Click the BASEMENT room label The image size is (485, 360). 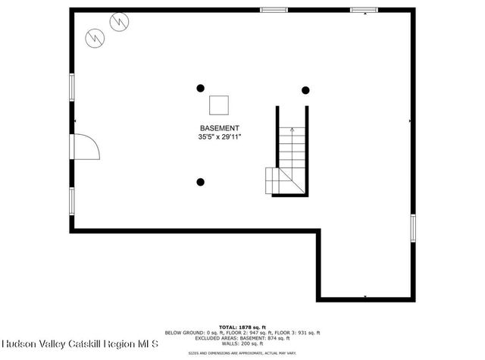pyautogui.click(x=219, y=128)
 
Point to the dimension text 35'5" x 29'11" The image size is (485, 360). pyautogui.click(x=219, y=137)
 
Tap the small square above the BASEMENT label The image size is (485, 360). pyautogui.click(x=219, y=105)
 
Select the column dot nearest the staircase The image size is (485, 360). pyautogui.click(x=305, y=90)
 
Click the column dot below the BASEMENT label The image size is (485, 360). pyautogui.click(x=201, y=182)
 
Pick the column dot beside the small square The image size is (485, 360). pyautogui.click(x=201, y=88)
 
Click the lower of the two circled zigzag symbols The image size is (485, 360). pyautogui.click(x=95, y=36)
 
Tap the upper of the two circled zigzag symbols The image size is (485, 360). pyautogui.click(x=119, y=23)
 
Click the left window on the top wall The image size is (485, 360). pyautogui.click(x=274, y=10)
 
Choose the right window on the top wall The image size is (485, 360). pyautogui.click(x=364, y=10)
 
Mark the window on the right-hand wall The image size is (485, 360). pyautogui.click(x=413, y=227)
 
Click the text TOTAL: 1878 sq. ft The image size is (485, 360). pyautogui.click(x=243, y=327)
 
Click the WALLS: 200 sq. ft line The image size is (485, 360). pyautogui.click(x=243, y=344)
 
